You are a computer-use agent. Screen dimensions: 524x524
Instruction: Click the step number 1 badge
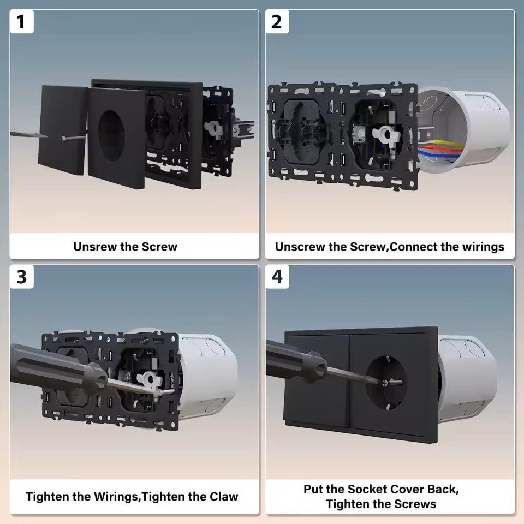(x=21, y=22)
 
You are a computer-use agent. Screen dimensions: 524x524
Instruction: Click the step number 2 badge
(x=277, y=22)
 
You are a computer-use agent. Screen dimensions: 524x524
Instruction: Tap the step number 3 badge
(x=21, y=277)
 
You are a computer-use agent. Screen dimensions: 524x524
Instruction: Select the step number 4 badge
(x=277, y=277)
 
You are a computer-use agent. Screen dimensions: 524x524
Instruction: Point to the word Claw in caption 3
(x=224, y=497)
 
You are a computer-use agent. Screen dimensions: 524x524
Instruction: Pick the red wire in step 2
(x=440, y=149)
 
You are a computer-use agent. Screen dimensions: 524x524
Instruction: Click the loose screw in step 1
(x=73, y=138)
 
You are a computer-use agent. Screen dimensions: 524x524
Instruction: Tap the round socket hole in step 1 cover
(x=111, y=136)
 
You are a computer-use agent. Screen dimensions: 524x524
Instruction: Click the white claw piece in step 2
(x=386, y=135)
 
